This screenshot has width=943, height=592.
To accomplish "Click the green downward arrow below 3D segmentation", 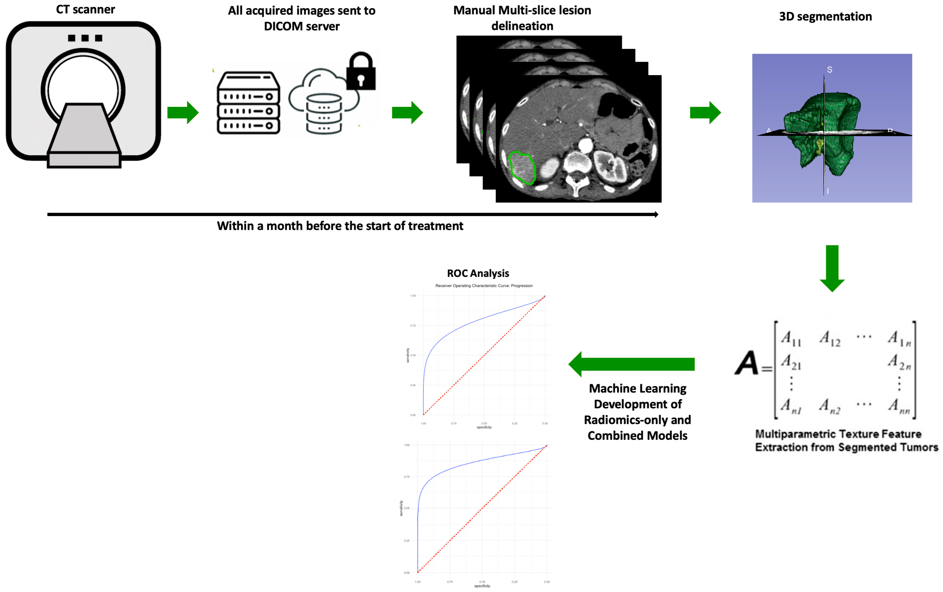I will [832, 268].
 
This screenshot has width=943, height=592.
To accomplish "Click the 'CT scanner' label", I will [85, 9].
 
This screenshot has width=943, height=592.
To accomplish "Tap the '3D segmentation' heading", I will [825, 16].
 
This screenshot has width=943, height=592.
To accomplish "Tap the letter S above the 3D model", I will [829, 70].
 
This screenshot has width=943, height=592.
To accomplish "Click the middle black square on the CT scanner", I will [85, 38].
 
